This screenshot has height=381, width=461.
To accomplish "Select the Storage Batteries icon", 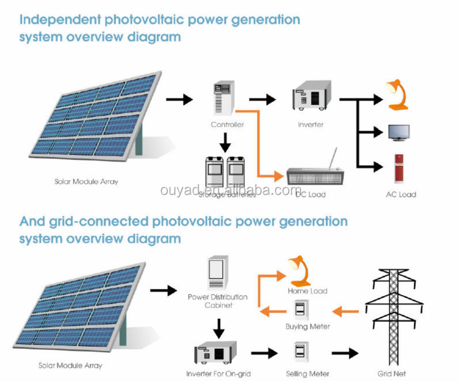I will click(226, 171).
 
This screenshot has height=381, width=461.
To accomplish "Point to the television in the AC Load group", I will click(399, 133).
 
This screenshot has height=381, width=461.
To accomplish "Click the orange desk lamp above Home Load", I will click(300, 270).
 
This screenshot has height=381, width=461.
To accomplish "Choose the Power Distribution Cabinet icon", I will click(217, 273).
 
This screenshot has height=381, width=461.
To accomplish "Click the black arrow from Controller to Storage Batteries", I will click(226, 140).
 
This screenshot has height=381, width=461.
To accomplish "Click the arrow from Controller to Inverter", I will click(262, 99).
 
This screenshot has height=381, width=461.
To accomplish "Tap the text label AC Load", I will click(400, 195).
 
